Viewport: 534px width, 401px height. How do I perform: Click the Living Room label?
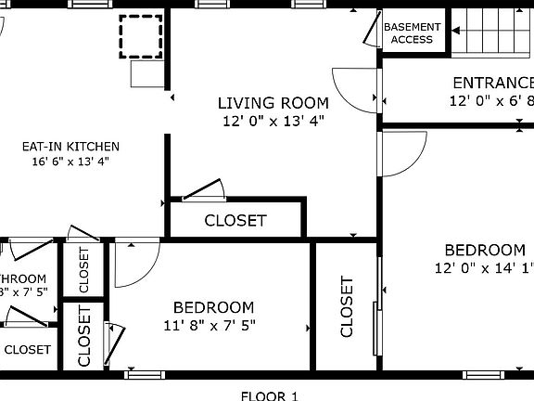point(273,102)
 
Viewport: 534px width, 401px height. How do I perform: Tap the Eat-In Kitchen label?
point(71,146)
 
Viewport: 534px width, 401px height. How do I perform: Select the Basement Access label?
point(412,33)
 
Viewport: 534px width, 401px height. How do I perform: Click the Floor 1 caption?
point(269,395)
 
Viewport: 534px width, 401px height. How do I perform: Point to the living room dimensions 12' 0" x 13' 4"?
point(273,120)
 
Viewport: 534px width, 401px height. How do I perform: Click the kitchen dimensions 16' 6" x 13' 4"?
point(71,161)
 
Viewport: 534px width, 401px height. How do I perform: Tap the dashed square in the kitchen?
point(140,37)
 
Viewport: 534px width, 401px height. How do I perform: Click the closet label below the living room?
point(235,221)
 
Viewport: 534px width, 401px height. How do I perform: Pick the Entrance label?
point(492,83)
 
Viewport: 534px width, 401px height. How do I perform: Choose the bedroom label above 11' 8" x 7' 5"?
point(213,307)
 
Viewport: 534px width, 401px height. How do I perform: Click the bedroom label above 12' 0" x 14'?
point(484,250)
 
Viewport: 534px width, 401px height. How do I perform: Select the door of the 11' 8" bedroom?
point(132,265)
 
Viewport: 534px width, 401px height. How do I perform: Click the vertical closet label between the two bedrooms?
point(347,306)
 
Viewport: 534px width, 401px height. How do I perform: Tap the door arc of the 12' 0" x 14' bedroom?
point(400,153)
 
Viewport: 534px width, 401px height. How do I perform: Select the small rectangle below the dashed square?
point(146,72)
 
